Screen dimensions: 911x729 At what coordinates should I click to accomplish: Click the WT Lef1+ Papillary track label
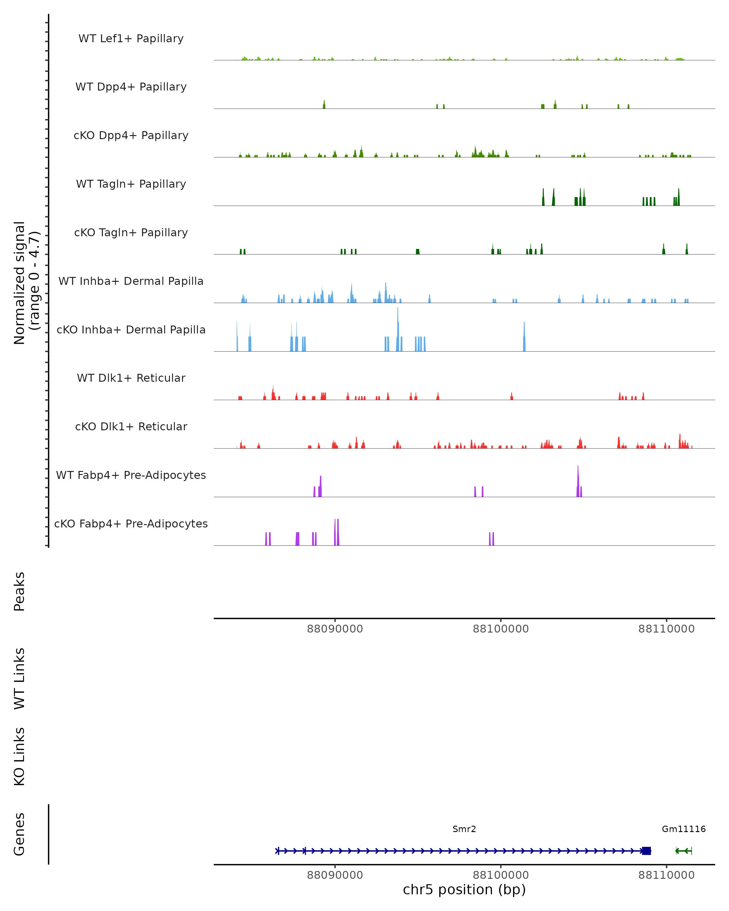(x=131, y=39)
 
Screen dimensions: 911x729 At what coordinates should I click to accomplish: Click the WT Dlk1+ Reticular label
(x=131, y=378)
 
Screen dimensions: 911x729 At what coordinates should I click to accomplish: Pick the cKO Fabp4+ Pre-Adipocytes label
(x=131, y=524)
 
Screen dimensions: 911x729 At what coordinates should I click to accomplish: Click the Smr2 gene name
(x=464, y=829)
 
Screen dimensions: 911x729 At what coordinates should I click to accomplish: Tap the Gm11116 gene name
(x=683, y=829)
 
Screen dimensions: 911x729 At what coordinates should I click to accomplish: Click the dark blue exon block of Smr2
(x=646, y=851)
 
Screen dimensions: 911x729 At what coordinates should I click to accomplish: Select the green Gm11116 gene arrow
(x=683, y=851)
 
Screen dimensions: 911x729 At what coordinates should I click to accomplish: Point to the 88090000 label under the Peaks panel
(x=335, y=629)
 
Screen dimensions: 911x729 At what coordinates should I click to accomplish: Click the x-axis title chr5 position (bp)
(x=464, y=889)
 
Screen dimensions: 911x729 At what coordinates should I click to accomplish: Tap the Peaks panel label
(x=19, y=591)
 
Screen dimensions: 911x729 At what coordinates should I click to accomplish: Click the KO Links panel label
(x=19, y=756)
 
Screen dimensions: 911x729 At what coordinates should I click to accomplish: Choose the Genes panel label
(x=19, y=834)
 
